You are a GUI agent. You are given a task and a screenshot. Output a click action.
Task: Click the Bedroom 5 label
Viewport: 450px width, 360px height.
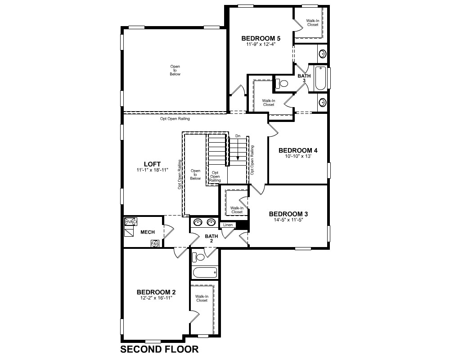pos(261,38)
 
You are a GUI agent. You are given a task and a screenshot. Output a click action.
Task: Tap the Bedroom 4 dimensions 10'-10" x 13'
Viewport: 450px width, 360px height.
pos(298,157)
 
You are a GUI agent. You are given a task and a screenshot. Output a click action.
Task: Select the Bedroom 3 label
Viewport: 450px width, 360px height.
pos(288,214)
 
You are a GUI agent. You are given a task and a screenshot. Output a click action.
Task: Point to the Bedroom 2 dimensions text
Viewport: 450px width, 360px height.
pos(156,298)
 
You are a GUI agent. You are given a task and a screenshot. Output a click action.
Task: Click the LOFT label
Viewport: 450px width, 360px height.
pos(152,164)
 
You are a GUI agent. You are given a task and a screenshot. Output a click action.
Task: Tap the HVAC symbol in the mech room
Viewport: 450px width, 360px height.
pos(131,222)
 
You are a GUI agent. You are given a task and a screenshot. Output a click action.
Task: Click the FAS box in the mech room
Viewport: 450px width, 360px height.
pos(155,244)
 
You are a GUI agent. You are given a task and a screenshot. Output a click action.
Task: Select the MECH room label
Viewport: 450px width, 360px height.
pos(148,232)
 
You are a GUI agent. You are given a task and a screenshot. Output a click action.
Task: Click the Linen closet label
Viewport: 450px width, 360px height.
pos(228,225)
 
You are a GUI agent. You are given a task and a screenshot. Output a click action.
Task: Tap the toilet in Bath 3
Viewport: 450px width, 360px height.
pos(282,84)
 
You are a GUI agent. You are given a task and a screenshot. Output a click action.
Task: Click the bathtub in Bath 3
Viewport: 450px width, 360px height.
pos(320,78)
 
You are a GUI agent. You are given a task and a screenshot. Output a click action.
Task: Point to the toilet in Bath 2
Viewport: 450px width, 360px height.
pos(198,257)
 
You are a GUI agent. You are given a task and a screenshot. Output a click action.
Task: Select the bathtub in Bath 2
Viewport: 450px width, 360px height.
pos(205,272)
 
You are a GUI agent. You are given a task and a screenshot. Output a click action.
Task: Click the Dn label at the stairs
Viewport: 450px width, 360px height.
pos(238,136)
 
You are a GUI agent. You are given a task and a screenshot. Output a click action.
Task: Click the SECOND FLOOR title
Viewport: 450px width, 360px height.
pos(159,349)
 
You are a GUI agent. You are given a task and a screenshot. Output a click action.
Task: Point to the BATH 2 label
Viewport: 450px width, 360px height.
pos(211,238)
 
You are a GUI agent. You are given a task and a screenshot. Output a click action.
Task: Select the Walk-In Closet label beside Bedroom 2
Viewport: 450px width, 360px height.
pos(202,298)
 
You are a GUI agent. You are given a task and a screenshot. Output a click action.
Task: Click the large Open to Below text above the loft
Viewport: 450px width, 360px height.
pos(175,70)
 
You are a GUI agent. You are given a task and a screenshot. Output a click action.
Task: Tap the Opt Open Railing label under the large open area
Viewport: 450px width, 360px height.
pos(175,118)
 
